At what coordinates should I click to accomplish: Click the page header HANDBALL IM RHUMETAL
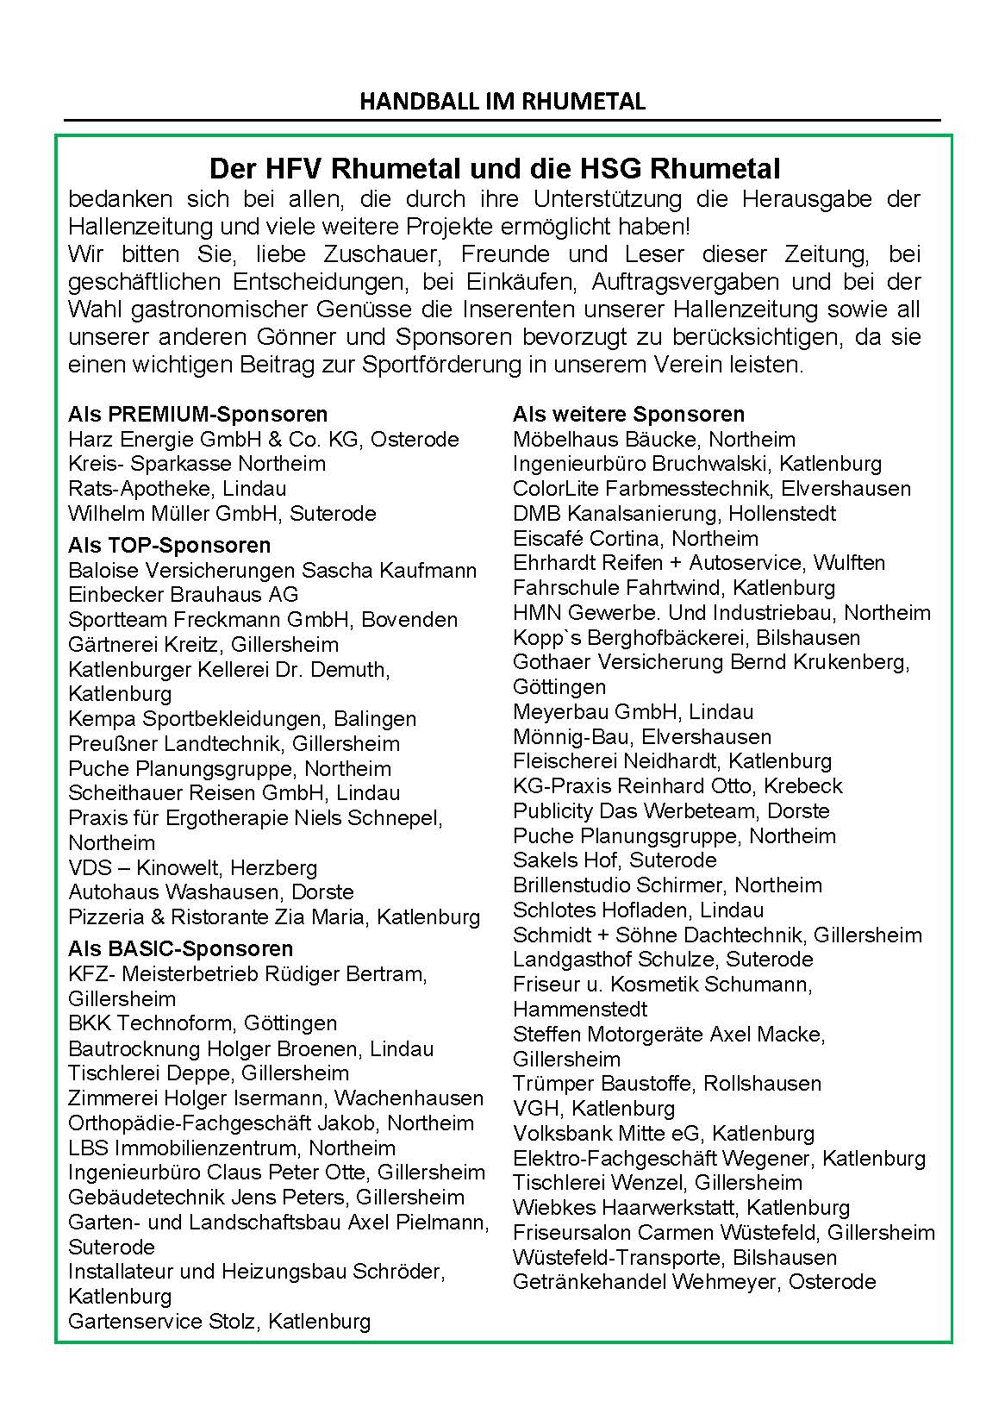pos(502,102)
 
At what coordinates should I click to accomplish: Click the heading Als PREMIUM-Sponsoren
pos(197,415)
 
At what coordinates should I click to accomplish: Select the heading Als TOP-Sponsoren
pos(169,545)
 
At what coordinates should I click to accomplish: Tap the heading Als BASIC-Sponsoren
pos(180,948)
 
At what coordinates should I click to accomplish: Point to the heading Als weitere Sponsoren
pos(628,415)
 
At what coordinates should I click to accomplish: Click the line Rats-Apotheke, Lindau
pos(177,489)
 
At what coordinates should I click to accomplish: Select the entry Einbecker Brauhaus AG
pos(183,595)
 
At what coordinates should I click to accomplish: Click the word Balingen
pos(376,719)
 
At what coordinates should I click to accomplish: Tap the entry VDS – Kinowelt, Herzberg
pos(192,867)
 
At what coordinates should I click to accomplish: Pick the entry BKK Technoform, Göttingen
pos(203,1023)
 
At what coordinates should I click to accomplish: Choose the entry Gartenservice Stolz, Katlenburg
pos(219,1321)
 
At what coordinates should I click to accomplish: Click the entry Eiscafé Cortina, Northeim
pos(635,539)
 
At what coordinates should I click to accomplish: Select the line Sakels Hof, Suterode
pos(614,860)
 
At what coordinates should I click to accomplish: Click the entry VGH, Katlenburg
pos(593,1109)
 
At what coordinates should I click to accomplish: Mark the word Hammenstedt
pos(579,1009)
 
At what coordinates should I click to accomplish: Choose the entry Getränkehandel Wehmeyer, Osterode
pos(694,1282)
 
